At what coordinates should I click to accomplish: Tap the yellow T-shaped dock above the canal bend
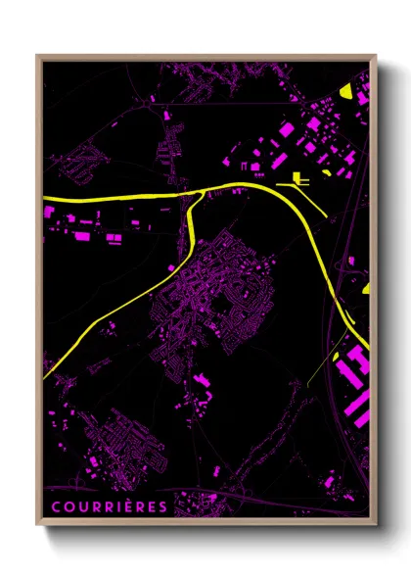click(297, 179)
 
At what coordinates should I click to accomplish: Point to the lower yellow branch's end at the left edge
click(45, 369)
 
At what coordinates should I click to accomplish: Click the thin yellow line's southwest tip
click(306, 385)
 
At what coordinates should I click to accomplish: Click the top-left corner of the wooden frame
click(37, 56)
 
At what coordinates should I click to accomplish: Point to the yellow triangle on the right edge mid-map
click(367, 290)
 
